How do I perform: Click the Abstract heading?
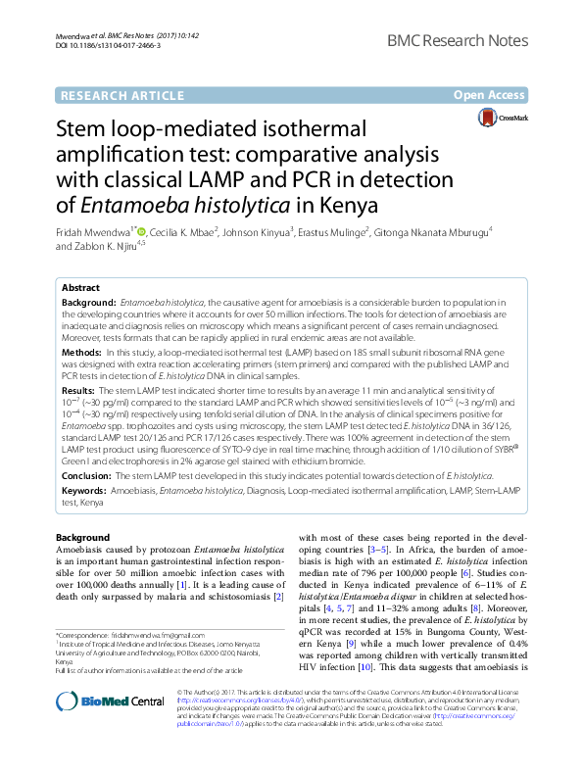point(81,288)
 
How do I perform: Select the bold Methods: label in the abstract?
point(82,351)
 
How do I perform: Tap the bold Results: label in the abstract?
point(79,389)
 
